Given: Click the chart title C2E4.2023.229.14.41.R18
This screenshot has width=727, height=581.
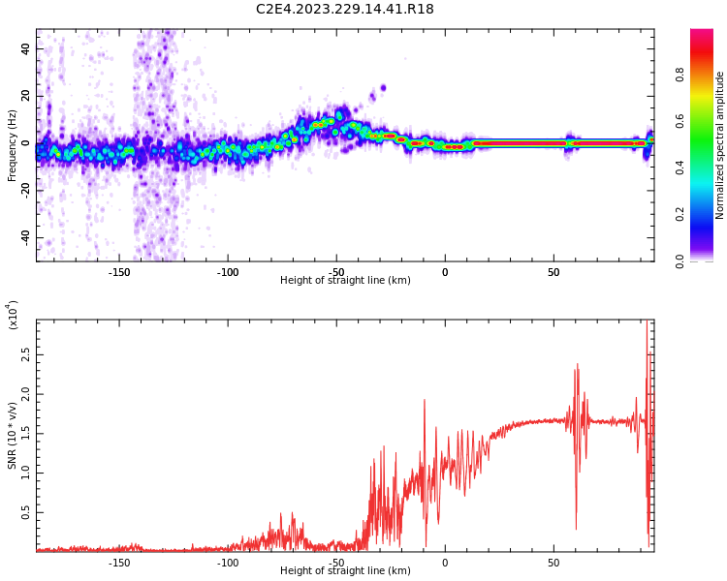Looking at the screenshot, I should tap(344, 10).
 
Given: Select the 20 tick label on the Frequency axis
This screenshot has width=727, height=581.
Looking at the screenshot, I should tap(25, 96).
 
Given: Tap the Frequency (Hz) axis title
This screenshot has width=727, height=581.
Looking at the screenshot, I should tap(13, 145).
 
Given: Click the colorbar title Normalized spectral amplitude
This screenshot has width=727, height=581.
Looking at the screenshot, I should tap(720, 145).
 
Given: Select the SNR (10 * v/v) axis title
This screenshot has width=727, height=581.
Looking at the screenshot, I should tap(13, 436).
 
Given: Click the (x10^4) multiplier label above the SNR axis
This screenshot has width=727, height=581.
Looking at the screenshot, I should tap(13, 315).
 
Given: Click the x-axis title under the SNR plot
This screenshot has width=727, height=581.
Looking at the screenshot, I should tap(345, 571).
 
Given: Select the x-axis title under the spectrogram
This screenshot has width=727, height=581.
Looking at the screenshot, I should tap(345, 281).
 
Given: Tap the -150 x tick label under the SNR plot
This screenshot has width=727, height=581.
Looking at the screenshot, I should tap(119, 563).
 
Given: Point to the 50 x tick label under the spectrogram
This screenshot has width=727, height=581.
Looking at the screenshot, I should tap(553, 272).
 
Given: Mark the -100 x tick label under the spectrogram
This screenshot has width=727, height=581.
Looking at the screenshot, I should tap(228, 272).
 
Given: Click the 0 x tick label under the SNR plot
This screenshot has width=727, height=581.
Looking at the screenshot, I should tap(445, 563).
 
